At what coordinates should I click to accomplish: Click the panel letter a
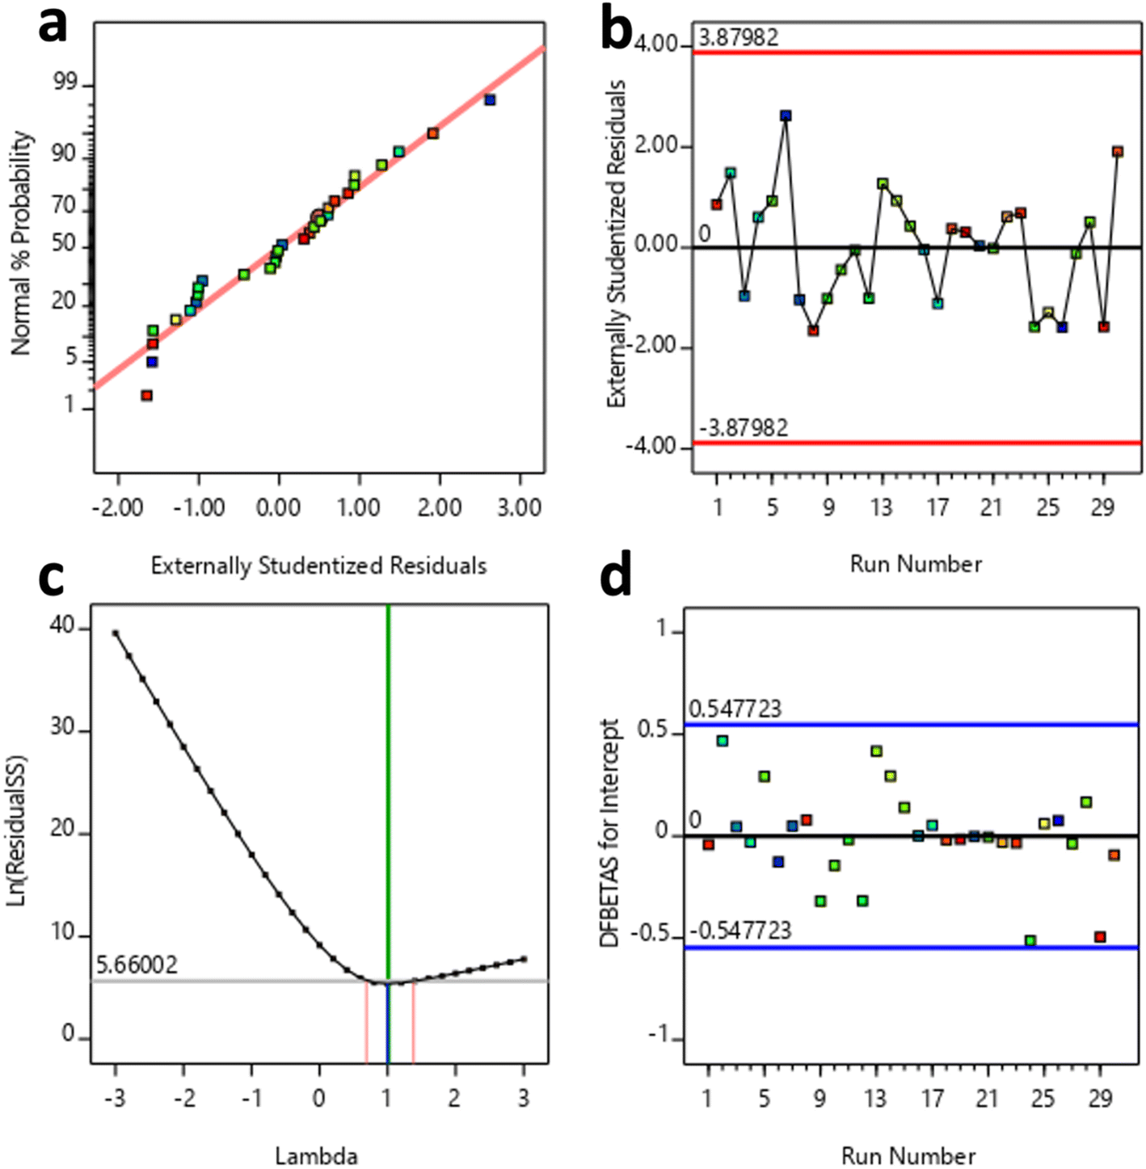[x=53, y=27]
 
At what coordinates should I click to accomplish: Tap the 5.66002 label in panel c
[x=137, y=965]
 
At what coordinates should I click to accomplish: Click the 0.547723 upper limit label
[x=735, y=709]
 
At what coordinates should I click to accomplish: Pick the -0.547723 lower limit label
[x=739, y=931]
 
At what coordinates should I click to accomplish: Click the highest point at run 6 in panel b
[x=786, y=116]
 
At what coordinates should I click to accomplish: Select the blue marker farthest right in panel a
[x=490, y=100]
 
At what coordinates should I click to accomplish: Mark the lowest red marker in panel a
[x=147, y=395]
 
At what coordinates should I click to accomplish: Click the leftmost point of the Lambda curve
[x=116, y=633]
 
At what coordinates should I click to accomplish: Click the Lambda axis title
[x=316, y=1156]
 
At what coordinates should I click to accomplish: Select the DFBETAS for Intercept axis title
[x=611, y=832]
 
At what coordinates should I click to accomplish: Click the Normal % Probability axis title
[x=22, y=242]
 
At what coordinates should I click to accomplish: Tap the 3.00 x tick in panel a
[x=519, y=508]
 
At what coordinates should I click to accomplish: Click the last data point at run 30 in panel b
[x=1118, y=152]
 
